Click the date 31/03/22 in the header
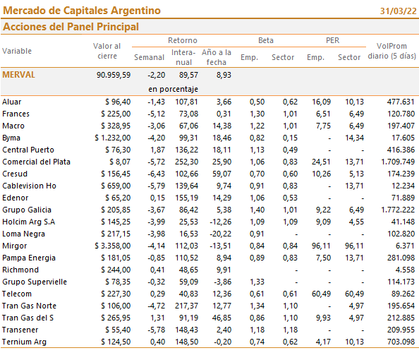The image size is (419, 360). (398, 11)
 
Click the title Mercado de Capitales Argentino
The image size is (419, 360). (82, 11)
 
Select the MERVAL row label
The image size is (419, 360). (19, 75)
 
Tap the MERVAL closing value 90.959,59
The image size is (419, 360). (114, 75)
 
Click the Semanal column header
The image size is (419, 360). (149, 57)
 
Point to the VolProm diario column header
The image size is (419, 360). (391, 51)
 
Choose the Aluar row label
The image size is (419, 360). (12, 102)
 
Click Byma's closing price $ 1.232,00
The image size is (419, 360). (112, 138)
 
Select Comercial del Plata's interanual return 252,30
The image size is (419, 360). (186, 162)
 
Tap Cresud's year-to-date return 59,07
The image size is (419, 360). (221, 174)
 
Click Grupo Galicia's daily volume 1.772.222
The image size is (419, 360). (398, 210)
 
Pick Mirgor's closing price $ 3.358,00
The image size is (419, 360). (112, 246)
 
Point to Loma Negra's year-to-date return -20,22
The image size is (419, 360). (221, 234)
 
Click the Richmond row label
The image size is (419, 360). (20, 270)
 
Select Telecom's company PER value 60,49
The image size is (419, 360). (321, 294)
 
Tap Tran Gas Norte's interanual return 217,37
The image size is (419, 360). (186, 306)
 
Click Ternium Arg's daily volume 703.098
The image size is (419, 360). (400, 342)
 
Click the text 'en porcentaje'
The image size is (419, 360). (173, 89)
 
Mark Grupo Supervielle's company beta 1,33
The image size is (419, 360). (257, 282)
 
